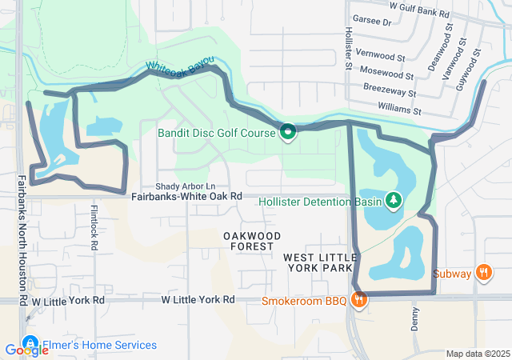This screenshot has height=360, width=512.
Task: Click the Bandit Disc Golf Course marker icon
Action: tap(287, 132)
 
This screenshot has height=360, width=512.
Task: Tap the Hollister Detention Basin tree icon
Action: tap(393, 200)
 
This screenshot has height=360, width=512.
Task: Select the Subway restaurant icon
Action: tap(483, 274)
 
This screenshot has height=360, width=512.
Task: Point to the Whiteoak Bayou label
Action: tap(180, 70)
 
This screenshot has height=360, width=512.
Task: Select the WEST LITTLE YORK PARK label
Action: tap(318, 262)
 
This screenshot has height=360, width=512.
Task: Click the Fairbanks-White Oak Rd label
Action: tap(186, 196)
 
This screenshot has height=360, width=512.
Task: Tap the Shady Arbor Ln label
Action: tap(186, 186)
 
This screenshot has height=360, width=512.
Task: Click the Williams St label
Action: tap(401, 108)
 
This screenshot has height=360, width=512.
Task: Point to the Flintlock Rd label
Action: tap(94, 228)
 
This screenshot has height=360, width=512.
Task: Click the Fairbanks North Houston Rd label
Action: tap(22, 240)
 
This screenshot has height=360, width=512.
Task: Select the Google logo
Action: tap(26, 350)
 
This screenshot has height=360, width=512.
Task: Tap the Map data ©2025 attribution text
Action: tap(477, 354)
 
